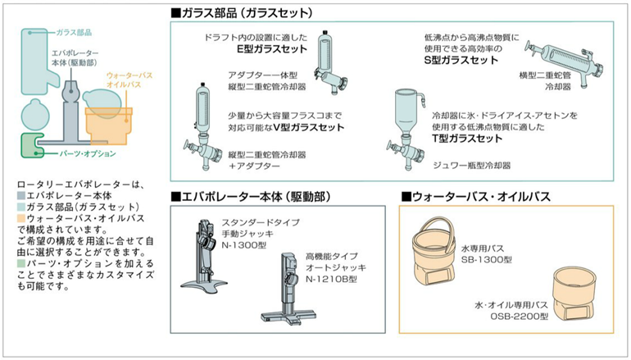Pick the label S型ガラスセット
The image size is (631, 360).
click(461, 61)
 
